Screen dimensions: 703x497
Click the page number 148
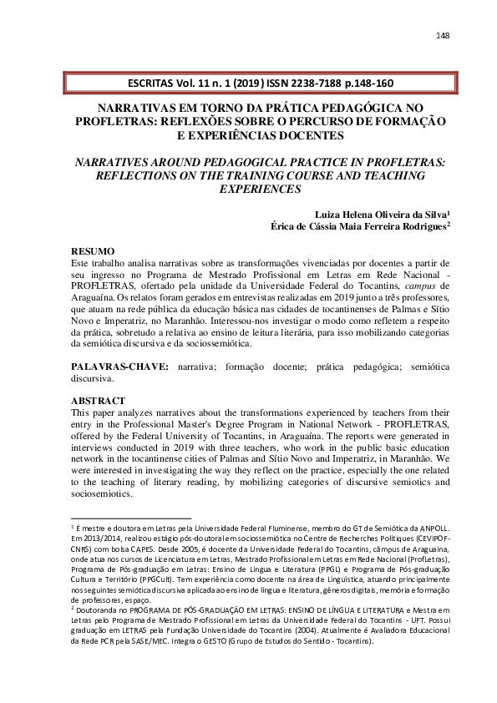click(x=443, y=35)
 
